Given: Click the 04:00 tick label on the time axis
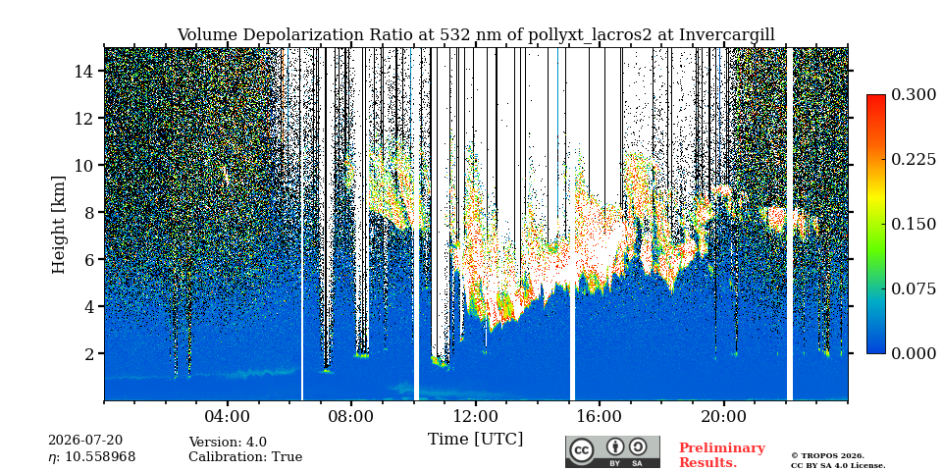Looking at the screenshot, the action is (x=228, y=416).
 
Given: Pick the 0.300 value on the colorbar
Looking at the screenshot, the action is (x=914, y=95).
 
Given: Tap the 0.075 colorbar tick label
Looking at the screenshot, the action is (x=914, y=288).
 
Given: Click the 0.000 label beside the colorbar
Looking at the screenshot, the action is (x=914, y=353).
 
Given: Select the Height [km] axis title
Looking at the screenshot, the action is (x=58, y=224).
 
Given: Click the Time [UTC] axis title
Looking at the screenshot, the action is (x=476, y=440).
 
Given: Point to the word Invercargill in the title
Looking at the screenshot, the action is (x=727, y=35).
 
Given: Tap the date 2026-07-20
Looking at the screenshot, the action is (x=85, y=441).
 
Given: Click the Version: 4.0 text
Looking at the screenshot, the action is (x=228, y=443).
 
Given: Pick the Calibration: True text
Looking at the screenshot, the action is (x=245, y=457).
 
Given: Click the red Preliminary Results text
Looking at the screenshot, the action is (x=722, y=455).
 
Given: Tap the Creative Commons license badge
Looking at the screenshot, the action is (x=612, y=451).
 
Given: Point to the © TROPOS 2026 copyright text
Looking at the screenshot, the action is (x=827, y=456).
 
